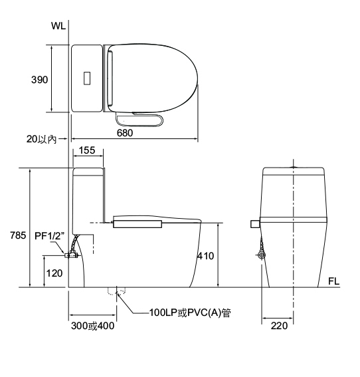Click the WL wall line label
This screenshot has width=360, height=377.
(x=58, y=26)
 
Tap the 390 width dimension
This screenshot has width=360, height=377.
(x=39, y=80)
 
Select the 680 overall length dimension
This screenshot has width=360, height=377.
(x=125, y=133)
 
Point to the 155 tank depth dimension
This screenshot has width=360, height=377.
(x=87, y=150)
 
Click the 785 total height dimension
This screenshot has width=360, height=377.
(x=18, y=235)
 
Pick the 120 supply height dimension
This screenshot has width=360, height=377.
(x=54, y=273)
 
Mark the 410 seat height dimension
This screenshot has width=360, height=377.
(x=206, y=256)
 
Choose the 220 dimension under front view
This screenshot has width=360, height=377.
(x=279, y=326)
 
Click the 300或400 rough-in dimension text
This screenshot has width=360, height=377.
(x=93, y=326)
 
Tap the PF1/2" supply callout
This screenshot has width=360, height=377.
(x=49, y=236)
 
